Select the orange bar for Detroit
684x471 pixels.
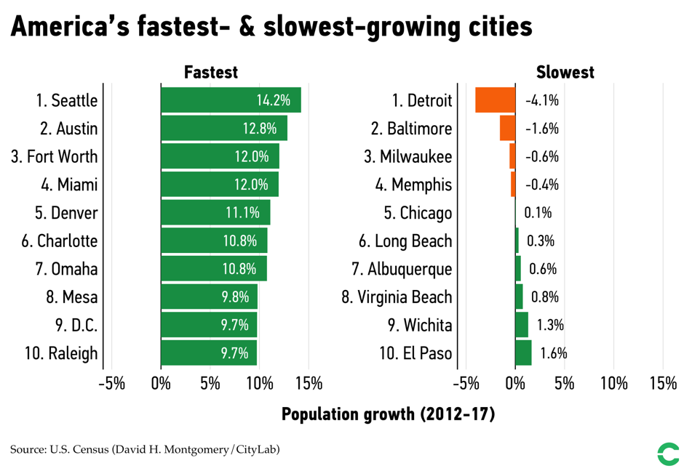[495, 100]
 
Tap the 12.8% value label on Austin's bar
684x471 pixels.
[260, 129]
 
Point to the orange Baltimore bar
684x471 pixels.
[507, 129]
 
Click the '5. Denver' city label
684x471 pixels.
[65, 213]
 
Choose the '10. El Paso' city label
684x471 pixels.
[415, 354]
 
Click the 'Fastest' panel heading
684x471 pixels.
[211, 72]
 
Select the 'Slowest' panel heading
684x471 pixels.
[565, 72]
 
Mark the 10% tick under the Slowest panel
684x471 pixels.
[613, 383]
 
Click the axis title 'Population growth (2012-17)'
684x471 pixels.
[388, 414]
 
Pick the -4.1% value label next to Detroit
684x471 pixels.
[541, 100]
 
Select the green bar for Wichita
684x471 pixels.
[521, 326]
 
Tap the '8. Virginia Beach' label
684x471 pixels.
[397, 297]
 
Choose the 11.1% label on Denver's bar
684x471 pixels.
[242, 213]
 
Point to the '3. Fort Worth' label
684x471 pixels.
[54, 157]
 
